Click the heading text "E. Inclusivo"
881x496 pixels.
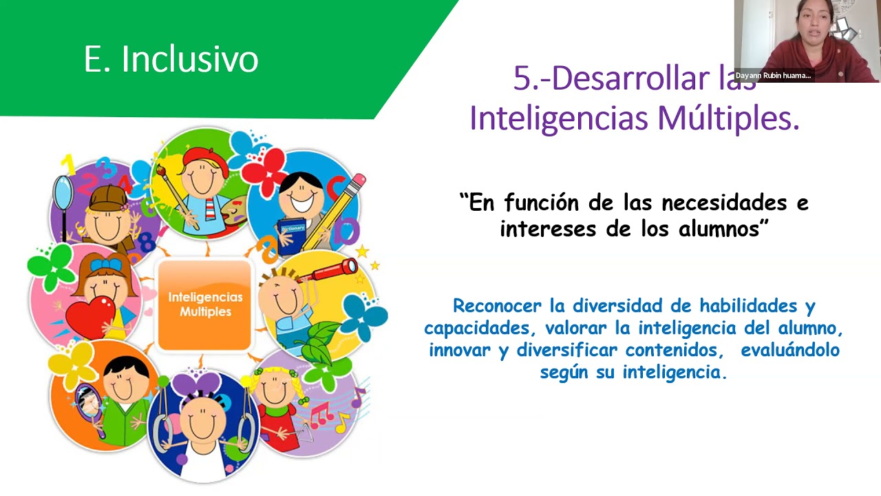171,59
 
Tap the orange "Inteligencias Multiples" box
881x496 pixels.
204,304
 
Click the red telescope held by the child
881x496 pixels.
335,269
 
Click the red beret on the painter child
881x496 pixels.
204,157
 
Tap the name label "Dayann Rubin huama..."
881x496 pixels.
773,76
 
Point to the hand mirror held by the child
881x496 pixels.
89,403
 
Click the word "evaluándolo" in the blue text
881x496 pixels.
790,350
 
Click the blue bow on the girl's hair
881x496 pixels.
105,264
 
